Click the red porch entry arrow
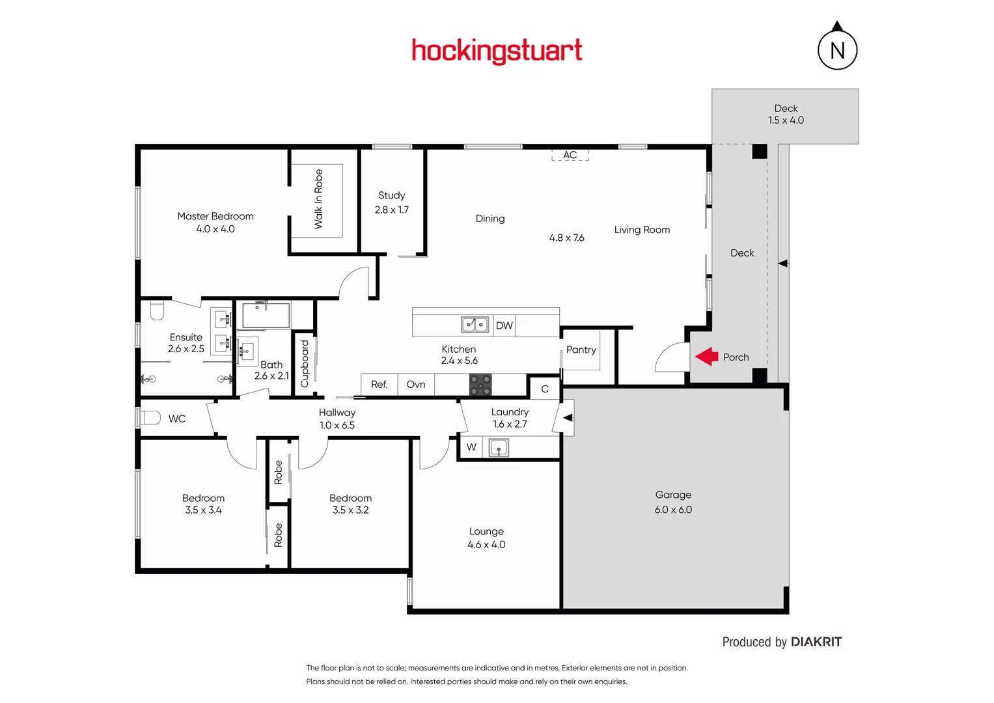click(706, 357)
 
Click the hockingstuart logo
click(497, 51)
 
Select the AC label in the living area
click(570, 155)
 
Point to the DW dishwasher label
click(504, 325)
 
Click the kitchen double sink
click(475, 324)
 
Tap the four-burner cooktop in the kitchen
click(480, 385)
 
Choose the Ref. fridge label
click(380, 385)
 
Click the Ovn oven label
click(416, 385)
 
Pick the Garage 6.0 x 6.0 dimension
click(673, 510)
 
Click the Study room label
click(392, 195)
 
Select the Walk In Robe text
click(318, 199)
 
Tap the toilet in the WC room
click(150, 418)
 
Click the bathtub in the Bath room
click(266, 316)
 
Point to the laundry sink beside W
click(499, 448)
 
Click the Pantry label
click(581, 350)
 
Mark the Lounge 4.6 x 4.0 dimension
click(486, 545)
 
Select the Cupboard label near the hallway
click(305, 363)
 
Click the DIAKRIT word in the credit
click(816, 642)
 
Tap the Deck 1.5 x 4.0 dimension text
click(786, 120)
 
